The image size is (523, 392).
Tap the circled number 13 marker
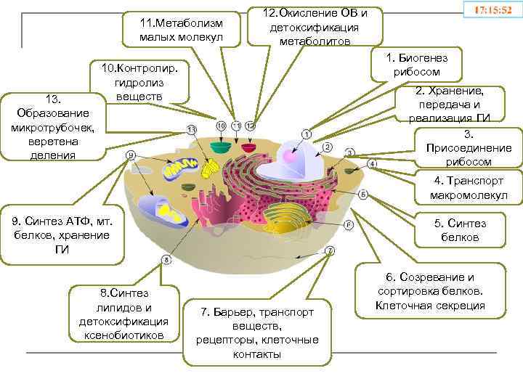[192, 129]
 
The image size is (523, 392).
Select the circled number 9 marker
[131, 155]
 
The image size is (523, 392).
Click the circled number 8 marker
[166, 259]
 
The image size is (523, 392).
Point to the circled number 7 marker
[331, 250]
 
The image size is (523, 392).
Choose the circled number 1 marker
[307, 134]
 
